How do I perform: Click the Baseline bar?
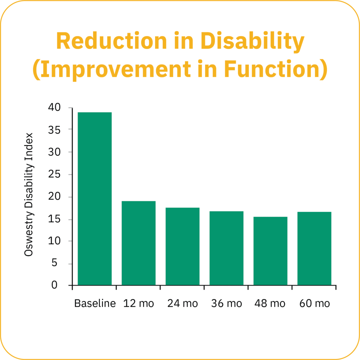(95, 199)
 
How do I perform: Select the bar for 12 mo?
(139, 243)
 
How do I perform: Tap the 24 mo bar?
(182, 246)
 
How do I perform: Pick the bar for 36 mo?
(226, 248)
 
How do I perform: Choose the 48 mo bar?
(270, 251)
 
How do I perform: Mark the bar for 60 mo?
(314, 248)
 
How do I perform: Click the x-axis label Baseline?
(95, 303)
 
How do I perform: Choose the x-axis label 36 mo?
(226, 303)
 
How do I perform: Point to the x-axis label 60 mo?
(315, 303)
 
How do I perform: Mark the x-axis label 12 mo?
(139, 303)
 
